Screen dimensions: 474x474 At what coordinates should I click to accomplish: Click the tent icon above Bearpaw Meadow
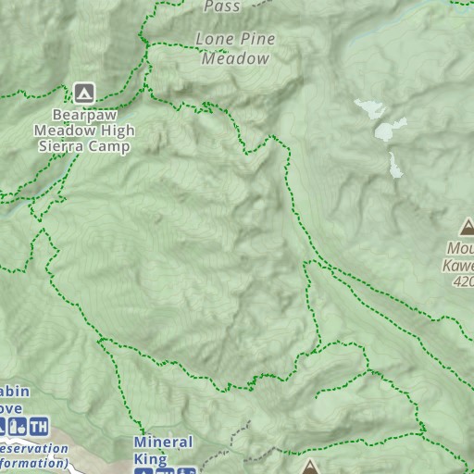tap(83, 92)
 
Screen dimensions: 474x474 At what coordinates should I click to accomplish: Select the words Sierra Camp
tap(93, 146)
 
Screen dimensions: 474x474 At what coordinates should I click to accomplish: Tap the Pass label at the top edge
tap(222, 6)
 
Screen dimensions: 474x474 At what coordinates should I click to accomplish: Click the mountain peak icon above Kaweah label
tap(467, 227)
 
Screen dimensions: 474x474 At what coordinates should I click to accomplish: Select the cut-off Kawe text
tap(458, 265)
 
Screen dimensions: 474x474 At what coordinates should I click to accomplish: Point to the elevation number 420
tap(462, 281)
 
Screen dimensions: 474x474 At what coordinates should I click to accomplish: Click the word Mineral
tap(163, 443)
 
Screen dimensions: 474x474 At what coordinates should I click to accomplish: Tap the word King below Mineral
tap(150, 459)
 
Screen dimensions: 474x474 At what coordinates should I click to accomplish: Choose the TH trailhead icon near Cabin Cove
tap(39, 427)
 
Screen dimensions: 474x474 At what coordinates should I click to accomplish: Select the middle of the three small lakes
tap(390, 131)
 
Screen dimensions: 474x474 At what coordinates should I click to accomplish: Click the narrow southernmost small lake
tap(395, 167)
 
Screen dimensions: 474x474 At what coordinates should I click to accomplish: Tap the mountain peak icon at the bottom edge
tap(309, 468)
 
